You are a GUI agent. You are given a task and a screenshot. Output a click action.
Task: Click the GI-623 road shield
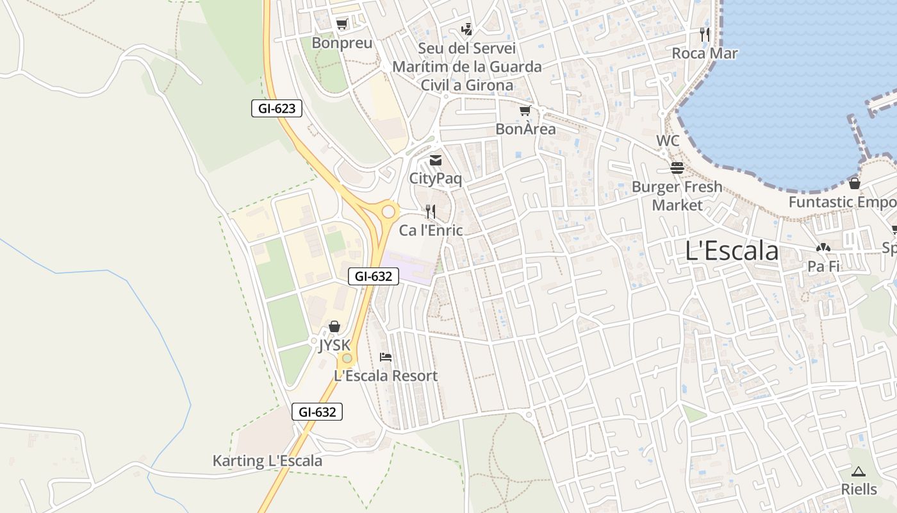[x=276, y=108]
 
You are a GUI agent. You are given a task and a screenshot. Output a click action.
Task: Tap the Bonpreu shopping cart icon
[x=342, y=24]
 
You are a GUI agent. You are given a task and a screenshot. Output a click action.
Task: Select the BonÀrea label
[x=525, y=129]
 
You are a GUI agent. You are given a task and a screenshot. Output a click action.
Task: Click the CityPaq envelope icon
[x=436, y=160]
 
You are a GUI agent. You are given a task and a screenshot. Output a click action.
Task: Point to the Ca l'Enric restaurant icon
[x=431, y=211]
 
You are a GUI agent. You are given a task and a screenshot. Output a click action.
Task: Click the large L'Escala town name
[x=732, y=251]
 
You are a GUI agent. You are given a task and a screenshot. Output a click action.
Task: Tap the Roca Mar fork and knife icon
[x=705, y=35]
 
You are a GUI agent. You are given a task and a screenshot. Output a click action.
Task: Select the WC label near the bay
[x=668, y=140]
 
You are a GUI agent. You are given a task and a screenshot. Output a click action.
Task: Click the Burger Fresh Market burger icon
[x=677, y=168]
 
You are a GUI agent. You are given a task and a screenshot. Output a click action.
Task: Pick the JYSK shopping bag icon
[x=334, y=327]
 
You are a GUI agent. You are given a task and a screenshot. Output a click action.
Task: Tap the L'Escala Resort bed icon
[x=385, y=357]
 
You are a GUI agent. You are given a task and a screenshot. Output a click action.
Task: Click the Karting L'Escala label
[x=267, y=461]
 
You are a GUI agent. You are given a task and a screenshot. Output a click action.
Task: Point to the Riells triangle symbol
[x=859, y=471]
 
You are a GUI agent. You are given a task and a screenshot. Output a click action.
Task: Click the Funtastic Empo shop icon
[x=854, y=183]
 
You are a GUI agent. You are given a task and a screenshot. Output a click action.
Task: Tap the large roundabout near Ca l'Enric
[x=388, y=212]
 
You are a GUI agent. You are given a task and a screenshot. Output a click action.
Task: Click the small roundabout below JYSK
[x=347, y=358]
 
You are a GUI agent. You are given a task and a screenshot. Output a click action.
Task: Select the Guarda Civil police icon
[x=467, y=29]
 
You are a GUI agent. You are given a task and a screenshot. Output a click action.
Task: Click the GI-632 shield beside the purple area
[x=374, y=276]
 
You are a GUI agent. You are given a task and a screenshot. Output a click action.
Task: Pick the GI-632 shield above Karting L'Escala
[x=317, y=412]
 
